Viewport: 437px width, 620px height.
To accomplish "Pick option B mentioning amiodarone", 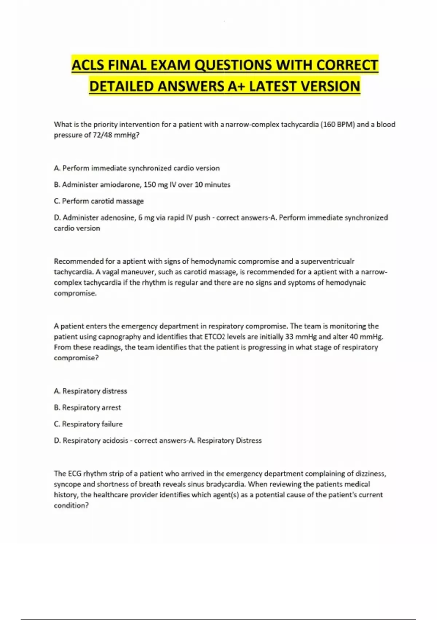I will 142,185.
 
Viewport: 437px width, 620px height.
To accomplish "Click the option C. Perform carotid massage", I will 99,201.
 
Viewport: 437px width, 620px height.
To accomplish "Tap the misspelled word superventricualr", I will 327,261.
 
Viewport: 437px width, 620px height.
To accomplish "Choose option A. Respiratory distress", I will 90,391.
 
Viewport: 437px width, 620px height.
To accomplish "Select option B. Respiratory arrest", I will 87,407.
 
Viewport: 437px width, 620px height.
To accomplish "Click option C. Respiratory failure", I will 88,424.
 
